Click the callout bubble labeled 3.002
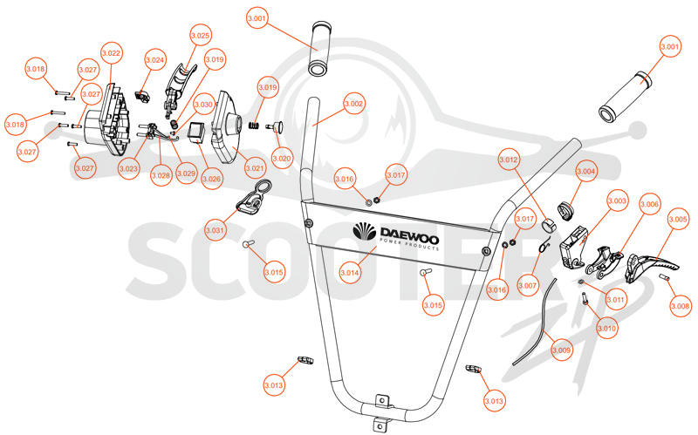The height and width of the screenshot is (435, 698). click(354, 104)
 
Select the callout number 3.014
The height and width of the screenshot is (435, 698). click(350, 273)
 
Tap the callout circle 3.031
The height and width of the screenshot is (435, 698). click(215, 230)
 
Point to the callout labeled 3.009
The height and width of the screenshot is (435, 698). click(561, 350)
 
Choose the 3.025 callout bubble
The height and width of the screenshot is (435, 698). click(201, 36)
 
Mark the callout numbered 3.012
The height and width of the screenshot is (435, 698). click(509, 160)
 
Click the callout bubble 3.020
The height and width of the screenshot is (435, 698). click(282, 158)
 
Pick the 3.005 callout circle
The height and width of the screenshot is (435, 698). click(678, 220)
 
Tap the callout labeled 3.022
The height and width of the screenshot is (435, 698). click(112, 53)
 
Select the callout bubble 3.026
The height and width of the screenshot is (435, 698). click(211, 179)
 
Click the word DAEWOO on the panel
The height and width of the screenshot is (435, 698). click(409, 234)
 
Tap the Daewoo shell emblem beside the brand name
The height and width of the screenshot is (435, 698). click(364, 231)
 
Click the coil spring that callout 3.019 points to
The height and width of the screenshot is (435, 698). click(254, 126)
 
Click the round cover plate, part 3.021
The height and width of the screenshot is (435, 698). click(227, 127)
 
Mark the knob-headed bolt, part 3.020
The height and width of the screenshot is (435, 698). click(277, 126)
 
